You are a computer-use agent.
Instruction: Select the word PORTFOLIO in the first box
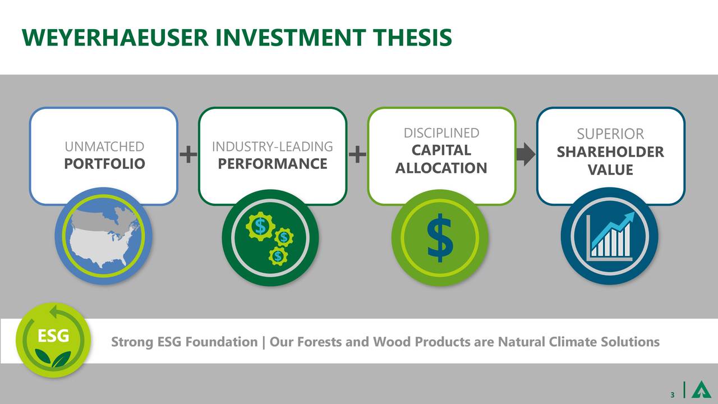pyautogui.click(x=104, y=164)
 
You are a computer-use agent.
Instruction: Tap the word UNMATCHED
pyautogui.click(x=104, y=147)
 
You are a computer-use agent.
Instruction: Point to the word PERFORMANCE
pyautogui.click(x=273, y=164)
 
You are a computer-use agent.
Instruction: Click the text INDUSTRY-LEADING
pyautogui.click(x=273, y=147)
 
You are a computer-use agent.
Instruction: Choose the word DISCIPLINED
pyautogui.click(x=441, y=133)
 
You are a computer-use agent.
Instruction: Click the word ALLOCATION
pyautogui.click(x=441, y=168)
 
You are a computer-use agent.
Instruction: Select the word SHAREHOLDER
pyautogui.click(x=610, y=153)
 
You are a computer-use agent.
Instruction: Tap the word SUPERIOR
pyautogui.click(x=610, y=135)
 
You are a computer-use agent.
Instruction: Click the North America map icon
pyautogui.click(x=104, y=236)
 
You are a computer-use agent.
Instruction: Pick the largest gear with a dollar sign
pyautogui.click(x=260, y=226)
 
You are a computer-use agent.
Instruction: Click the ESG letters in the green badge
pyautogui.click(x=53, y=337)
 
